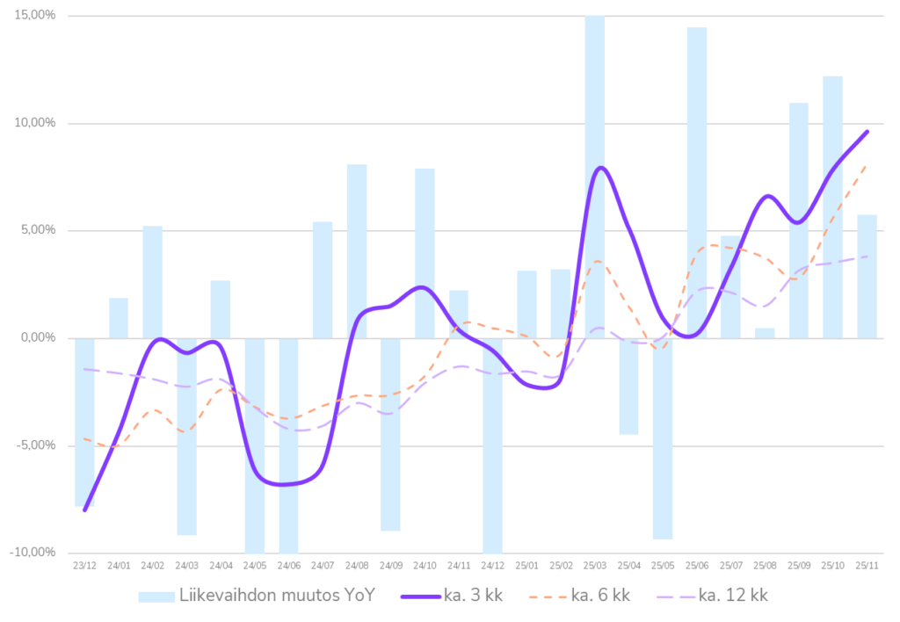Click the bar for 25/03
point(595,176)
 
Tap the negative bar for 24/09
point(390,434)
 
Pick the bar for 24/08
point(357,250)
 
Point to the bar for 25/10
point(832,206)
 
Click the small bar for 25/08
point(765,333)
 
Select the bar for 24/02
point(152,281)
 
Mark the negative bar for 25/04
point(628,386)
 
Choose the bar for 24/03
point(186,437)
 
